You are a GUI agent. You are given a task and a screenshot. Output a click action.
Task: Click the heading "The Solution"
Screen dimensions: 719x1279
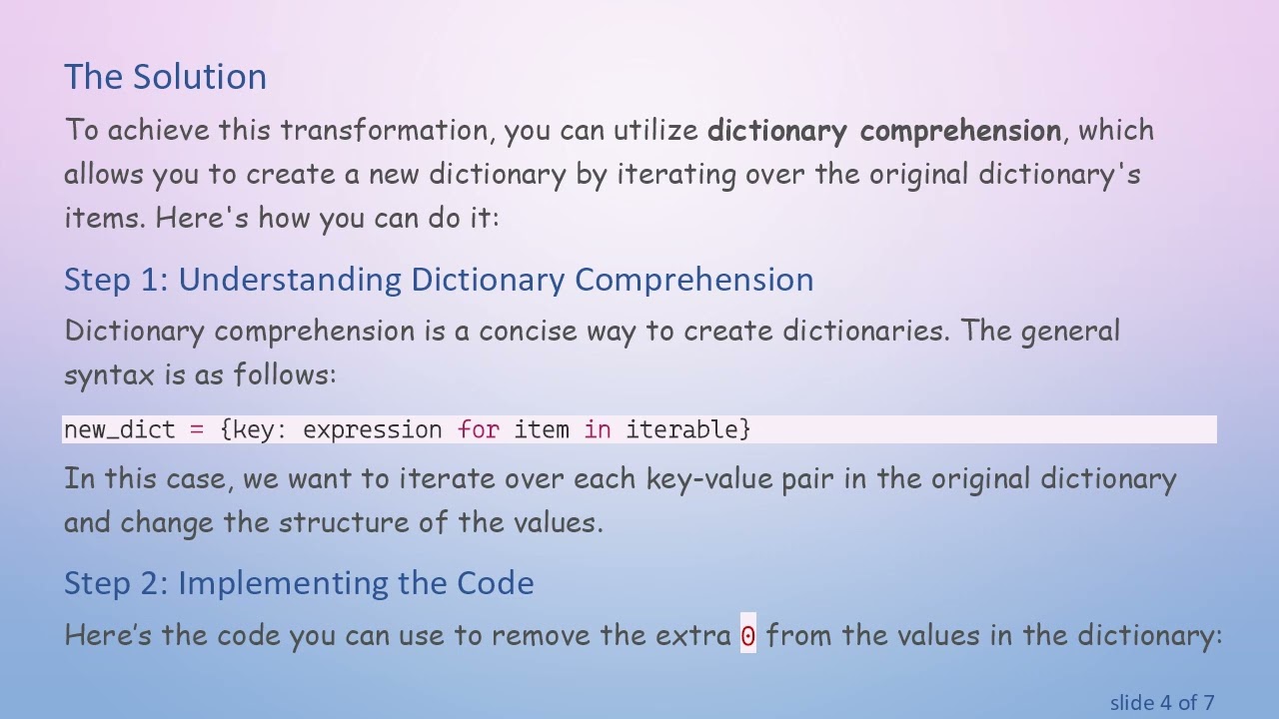click(x=165, y=77)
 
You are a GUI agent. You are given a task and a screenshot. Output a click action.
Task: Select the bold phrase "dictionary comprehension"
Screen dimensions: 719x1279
click(x=883, y=131)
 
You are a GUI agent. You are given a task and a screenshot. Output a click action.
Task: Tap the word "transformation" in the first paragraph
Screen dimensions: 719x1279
click(x=384, y=131)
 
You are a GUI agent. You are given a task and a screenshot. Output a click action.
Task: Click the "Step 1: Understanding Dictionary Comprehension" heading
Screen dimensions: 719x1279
click(x=439, y=280)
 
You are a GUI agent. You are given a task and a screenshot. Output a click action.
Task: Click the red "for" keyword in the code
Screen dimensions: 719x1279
click(x=478, y=430)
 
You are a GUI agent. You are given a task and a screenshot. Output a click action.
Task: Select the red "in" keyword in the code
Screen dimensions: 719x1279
click(x=598, y=430)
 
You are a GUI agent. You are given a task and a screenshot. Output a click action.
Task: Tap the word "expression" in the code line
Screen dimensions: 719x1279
click(x=372, y=430)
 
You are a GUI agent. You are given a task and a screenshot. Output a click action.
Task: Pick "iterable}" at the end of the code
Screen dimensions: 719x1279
click(x=687, y=430)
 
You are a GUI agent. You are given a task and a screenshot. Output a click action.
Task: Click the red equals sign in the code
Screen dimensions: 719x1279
click(x=197, y=430)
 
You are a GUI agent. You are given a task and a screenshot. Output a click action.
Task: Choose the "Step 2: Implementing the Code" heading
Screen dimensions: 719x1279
click(x=299, y=583)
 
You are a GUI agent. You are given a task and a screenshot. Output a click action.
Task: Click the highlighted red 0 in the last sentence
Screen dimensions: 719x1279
click(x=748, y=636)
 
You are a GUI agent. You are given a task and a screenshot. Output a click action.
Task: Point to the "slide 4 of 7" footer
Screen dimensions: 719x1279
click(x=1162, y=703)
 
